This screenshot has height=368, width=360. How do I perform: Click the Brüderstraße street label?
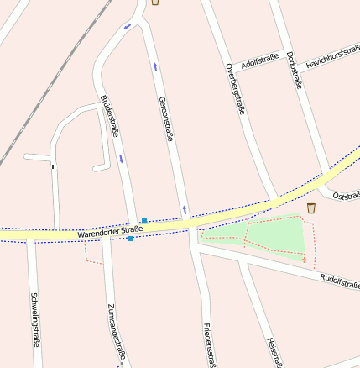click(x=110, y=115)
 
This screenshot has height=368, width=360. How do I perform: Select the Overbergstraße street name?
click(x=236, y=87)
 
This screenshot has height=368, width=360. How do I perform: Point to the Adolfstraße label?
click(x=259, y=60)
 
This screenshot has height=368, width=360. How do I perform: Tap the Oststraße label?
click(x=346, y=196)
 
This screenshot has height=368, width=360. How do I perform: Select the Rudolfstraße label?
click(x=339, y=281)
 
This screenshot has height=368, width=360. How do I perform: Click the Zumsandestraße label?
click(x=116, y=333)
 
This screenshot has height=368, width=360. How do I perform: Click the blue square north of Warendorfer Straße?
click(x=144, y=221)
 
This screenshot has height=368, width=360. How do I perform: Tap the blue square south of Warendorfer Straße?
click(x=130, y=239)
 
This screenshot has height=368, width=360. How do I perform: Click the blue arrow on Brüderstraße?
click(x=121, y=158)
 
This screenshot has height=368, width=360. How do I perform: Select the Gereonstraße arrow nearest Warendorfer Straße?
click(x=184, y=208)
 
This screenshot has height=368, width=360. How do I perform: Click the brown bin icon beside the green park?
click(x=311, y=208)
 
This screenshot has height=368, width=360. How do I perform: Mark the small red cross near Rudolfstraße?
click(x=304, y=260)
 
